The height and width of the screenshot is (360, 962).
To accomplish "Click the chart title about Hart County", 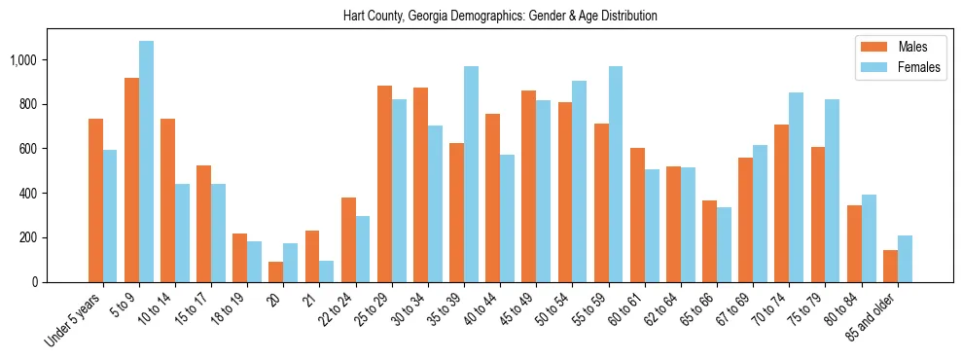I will [500, 17].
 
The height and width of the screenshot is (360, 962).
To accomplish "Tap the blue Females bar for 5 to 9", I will [146, 162].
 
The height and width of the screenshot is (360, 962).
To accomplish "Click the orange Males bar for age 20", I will [276, 271].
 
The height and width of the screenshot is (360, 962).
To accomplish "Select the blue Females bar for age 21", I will [327, 271].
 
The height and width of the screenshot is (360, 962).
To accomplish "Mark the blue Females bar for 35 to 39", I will [471, 174].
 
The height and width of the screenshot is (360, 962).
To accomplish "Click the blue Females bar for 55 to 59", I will [616, 174].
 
